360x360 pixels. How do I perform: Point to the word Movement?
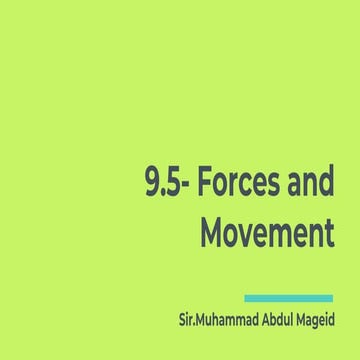click(x=266, y=232)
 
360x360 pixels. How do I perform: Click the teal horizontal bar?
click(x=288, y=297)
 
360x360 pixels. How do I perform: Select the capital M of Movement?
click(x=213, y=232)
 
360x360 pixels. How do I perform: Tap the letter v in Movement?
click(x=249, y=234)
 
